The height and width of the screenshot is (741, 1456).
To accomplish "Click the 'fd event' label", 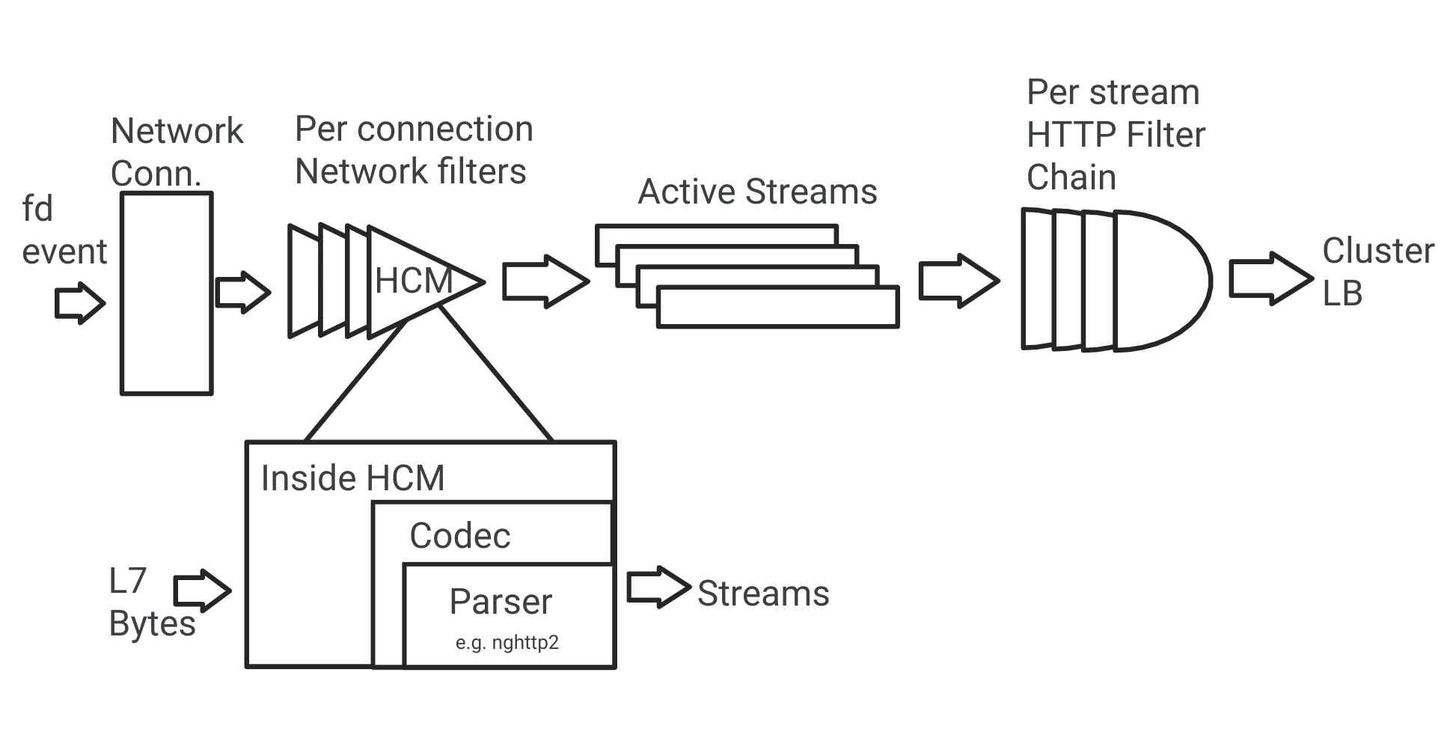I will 63,231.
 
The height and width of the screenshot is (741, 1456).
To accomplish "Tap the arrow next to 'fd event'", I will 80,303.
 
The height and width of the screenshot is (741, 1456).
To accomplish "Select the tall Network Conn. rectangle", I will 167,293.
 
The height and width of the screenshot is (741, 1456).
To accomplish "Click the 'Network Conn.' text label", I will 177,152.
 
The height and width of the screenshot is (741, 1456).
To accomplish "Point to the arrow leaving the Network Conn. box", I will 242,292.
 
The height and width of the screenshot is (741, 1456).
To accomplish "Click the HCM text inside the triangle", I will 413,281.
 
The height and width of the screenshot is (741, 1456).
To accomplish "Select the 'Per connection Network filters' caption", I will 413,150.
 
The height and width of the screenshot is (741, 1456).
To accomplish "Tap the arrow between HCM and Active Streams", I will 545,281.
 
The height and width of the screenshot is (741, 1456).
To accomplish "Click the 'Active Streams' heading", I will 756,192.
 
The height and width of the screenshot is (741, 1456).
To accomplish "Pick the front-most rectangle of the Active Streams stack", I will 777,308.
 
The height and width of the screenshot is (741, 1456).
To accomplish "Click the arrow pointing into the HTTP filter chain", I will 958,281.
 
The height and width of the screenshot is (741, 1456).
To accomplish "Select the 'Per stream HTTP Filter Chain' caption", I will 1115,135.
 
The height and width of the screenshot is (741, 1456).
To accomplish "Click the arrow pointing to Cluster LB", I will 1270,278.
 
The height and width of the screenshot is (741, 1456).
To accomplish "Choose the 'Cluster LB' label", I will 1377,271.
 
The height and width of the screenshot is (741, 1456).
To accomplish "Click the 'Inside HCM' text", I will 352,478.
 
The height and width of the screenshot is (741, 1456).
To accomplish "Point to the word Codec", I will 459,536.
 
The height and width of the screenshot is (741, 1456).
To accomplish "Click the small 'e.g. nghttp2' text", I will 507,642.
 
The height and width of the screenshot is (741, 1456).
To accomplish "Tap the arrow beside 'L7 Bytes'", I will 202,591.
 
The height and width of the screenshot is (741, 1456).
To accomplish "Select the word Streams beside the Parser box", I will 762,594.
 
